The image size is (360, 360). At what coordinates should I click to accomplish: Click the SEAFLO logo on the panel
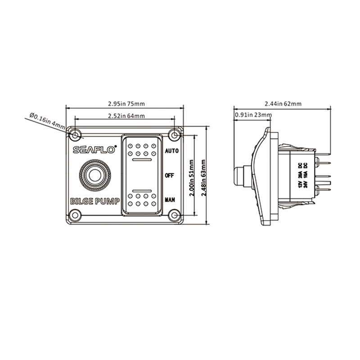(94, 149)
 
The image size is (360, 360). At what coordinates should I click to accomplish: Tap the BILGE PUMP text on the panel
(95, 201)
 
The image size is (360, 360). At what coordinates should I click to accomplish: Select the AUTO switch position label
(172, 151)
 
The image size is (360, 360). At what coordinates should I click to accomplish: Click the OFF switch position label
(170, 175)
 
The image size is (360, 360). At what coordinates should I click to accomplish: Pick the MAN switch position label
(170, 200)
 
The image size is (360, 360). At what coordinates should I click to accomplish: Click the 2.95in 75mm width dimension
(126, 104)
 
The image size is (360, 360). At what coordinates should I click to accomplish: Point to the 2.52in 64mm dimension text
(126, 116)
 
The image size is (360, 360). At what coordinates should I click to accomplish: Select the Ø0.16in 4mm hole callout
(47, 120)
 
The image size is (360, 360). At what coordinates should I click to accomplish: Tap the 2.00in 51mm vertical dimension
(192, 178)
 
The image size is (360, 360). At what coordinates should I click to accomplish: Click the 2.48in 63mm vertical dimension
(204, 178)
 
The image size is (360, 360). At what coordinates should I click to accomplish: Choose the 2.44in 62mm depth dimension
(283, 104)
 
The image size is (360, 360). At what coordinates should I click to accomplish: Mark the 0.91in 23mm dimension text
(253, 115)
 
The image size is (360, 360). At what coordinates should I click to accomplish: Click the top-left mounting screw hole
(75, 135)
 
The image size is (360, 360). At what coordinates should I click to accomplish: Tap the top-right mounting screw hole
(175, 135)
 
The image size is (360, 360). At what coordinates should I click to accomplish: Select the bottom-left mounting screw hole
(75, 215)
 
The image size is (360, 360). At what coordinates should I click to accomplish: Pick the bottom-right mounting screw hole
(175, 215)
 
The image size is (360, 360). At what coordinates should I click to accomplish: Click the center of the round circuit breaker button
(95, 175)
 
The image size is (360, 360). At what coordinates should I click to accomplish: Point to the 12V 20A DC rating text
(300, 175)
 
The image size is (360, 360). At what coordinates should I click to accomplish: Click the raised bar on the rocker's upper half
(142, 160)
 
